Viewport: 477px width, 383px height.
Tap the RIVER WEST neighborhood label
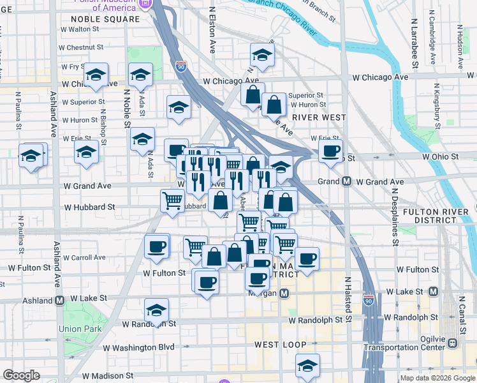click(x=319, y=117)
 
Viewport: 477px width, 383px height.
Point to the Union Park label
click(x=80, y=329)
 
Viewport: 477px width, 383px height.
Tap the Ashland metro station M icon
click(x=59, y=300)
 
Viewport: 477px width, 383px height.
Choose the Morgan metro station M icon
click(x=285, y=294)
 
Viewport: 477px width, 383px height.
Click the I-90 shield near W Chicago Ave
click(x=181, y=66)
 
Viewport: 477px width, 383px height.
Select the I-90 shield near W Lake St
click(x=369, y=299)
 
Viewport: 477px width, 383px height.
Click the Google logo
click(x=21, y=375)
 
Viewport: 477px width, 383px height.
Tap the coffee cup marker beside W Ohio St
click(x=330, y=151)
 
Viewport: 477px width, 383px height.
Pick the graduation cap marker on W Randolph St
click(x=156, y=310)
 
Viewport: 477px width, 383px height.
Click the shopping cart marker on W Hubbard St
click(x=172, y=200)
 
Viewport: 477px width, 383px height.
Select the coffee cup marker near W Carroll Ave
click(x=156, y=246)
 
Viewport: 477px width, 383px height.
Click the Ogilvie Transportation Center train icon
click(x=453, y=342)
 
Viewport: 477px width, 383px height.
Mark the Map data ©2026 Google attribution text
click(x=437, y=378)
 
